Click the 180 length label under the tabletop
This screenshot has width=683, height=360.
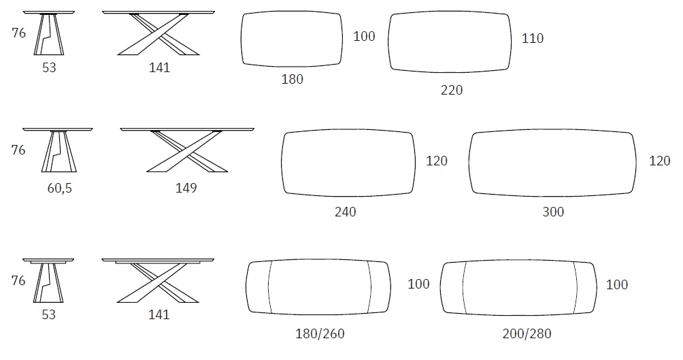click(293, 80)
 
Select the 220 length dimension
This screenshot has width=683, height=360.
click(452, 90)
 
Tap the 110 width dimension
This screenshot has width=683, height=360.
click(533, 39)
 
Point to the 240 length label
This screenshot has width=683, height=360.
click(345, 212)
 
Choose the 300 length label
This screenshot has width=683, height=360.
click(553, 212)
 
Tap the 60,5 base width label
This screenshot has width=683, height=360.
click(59, 188)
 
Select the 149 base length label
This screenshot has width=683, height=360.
click(186, 188)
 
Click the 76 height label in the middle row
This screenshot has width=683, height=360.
click(18, 150)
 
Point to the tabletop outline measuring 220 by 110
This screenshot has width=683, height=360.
click(451, 42)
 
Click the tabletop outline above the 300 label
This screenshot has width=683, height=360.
click(552, 162)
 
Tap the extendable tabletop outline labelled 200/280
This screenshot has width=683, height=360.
click(518, 288)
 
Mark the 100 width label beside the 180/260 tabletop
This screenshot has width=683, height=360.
click(418, 284)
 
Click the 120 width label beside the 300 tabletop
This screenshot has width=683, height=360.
click(660, 161)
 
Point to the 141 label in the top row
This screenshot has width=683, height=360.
click(159, 67)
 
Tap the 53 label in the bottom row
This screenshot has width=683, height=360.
click(48, 314)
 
